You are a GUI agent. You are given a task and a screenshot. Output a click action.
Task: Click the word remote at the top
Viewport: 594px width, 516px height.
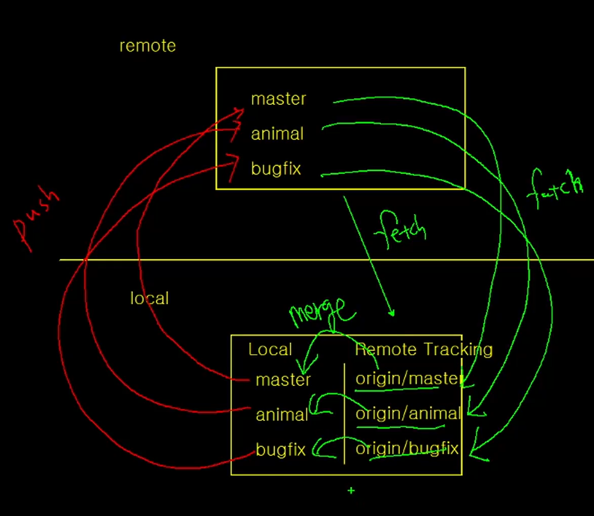[147, 46]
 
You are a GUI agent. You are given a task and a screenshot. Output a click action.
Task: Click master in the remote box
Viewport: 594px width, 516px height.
[278, 99]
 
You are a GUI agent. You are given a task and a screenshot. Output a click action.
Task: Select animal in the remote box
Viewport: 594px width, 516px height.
[277, 134]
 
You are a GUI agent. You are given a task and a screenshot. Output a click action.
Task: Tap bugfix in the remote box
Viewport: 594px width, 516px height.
[276, 169]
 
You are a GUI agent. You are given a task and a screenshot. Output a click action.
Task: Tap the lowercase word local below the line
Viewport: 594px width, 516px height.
[149, 298]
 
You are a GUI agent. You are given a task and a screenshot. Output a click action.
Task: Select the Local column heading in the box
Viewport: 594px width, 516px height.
[270, 349]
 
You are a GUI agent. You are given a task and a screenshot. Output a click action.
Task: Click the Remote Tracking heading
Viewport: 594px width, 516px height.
[424, 349]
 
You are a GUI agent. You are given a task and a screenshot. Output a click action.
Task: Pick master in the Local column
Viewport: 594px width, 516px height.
[283, 380]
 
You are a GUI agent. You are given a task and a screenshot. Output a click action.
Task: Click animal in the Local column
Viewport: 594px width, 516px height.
[282, 415]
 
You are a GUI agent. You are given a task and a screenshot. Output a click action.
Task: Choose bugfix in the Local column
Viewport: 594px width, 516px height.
[280, 450]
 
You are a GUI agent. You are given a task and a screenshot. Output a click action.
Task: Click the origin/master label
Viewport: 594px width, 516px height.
[408, 379]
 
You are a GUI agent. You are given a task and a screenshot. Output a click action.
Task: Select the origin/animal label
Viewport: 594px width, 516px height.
[408, 414]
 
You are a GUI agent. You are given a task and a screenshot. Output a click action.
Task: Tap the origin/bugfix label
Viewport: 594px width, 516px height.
[407, 449]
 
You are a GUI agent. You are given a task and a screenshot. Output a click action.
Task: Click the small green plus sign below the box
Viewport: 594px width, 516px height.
[351, 490]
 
